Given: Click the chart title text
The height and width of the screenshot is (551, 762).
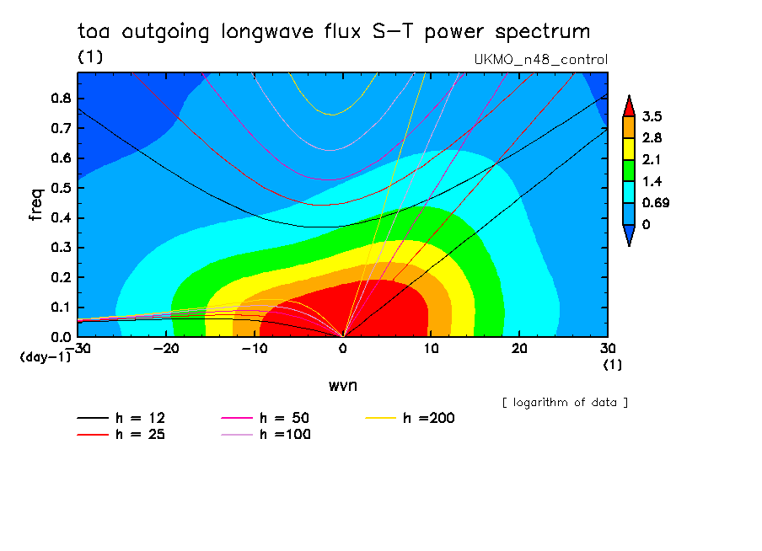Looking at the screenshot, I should coord(334,33).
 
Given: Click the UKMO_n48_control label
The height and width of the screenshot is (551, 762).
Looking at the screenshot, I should coord(541,60).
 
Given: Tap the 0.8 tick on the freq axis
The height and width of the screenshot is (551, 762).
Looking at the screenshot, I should coord(61,98).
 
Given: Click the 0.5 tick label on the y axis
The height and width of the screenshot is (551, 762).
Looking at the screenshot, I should coord(61,188).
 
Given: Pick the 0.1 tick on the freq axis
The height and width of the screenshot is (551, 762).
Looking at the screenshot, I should coord(61,308).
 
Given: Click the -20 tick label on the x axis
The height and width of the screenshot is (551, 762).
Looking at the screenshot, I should coord(165,348).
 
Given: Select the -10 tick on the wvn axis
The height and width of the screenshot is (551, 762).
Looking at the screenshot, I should coord(254,348).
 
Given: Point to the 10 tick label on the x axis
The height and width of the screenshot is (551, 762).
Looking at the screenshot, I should coord(430,348).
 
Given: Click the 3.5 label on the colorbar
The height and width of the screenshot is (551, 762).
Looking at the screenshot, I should coord(652,116).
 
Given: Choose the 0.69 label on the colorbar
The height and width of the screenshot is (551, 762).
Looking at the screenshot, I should coord(655,202).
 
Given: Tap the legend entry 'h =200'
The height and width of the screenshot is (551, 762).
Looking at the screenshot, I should coord(411,418).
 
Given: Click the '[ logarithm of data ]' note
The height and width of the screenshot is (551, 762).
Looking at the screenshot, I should coord(565,403).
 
